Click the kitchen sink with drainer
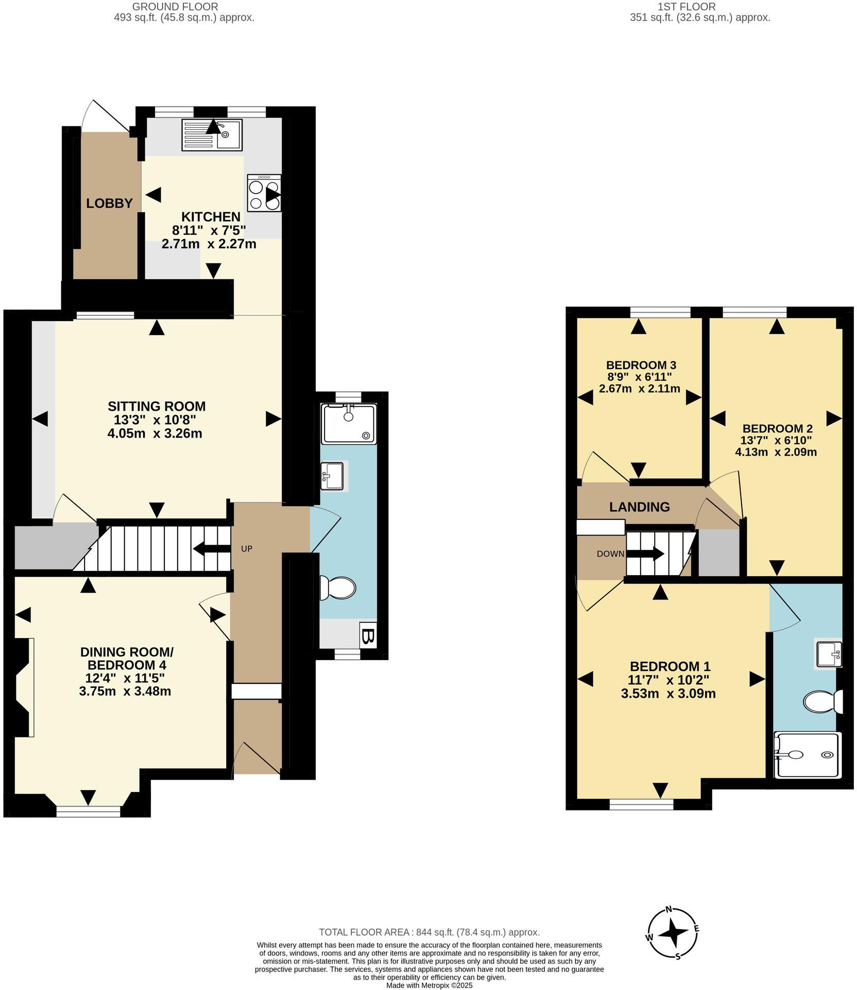tap(212, 135)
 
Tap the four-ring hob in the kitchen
tap(264, 193)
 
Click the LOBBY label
tap(109, 204)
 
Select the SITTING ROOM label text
tap(156, 406)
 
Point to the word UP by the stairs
tap(247, 549)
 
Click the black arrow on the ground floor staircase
tap(211, 550)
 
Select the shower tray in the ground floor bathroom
tap(349, 424)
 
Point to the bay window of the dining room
tap(88, 812)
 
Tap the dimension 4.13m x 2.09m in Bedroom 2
tap(776, 452)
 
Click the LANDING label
tap(639, 507)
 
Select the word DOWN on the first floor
tap(610, 554)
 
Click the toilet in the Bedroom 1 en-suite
tap(822, 701)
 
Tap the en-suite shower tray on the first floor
tap(808, 755)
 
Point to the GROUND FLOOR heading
tap(175, 7)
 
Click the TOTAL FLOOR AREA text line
tap(429, 932)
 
